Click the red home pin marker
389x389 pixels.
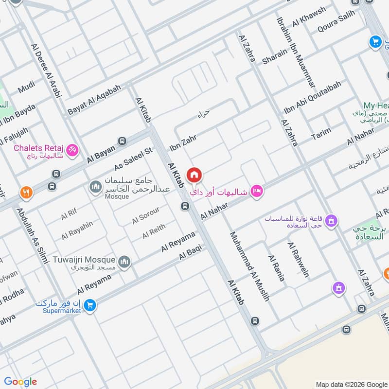(x=194, y=175)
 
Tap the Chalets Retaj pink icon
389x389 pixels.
(x=73, y=150)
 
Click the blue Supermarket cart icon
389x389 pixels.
(x=89, y=306)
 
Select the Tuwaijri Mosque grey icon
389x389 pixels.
(x=125, y=263)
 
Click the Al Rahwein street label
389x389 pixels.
(x=298, y=260)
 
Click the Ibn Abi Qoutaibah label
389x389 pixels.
(x=312, y=97)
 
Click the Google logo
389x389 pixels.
(x=20, y=382)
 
